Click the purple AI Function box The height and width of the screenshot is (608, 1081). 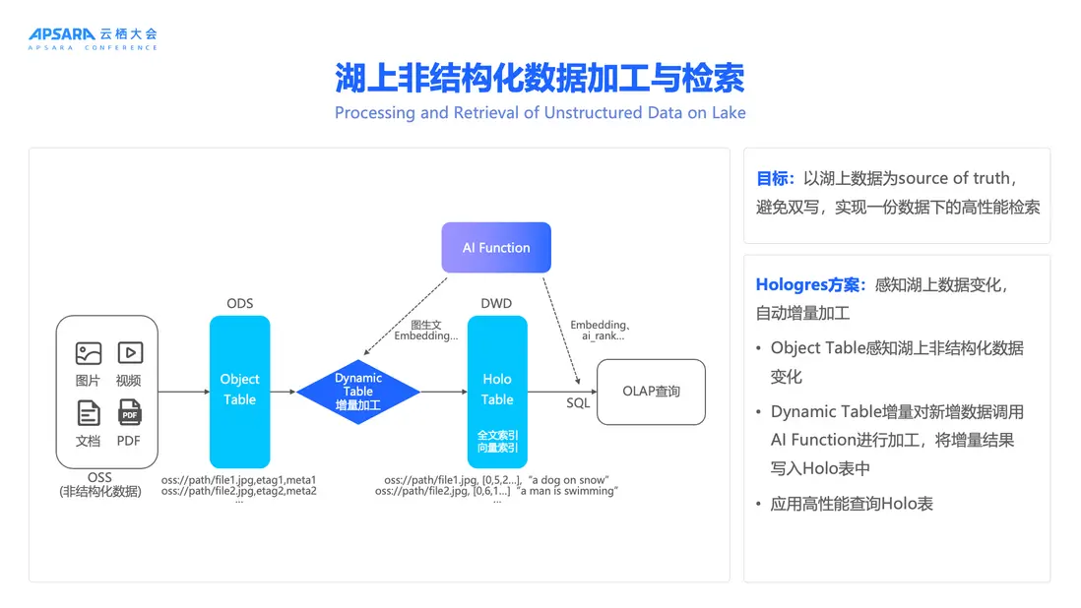[496, 248]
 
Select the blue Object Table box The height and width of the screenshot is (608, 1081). [239, 391]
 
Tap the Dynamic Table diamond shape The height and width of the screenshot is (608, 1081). [358, 392]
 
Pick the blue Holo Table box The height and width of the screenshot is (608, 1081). [497, 391]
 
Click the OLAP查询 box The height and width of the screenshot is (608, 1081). [651, 392]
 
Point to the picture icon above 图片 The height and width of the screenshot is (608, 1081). [89, 353]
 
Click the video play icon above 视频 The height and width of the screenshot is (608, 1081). [129, 353]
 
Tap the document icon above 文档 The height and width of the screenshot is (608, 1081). [89, 412]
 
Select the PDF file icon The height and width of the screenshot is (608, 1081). [129, 412]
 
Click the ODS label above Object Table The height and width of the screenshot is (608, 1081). [239, 303]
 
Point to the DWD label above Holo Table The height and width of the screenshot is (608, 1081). [496, 303]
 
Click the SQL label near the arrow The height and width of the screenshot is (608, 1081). [578, 403]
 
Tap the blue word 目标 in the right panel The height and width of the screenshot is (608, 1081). [774, 178]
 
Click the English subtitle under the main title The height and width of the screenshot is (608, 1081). [540, 112]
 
